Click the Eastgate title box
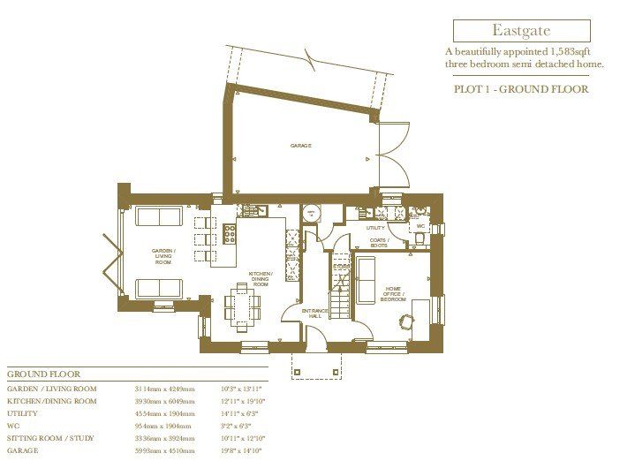pos(520,31)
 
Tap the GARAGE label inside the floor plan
pos(301,145)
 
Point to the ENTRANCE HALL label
pos(314,314)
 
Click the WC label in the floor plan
pos(420,226)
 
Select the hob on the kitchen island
pos(230,234)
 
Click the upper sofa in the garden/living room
pos(159,217)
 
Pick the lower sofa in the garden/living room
pos(159,287)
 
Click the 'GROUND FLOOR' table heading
pos(42,374)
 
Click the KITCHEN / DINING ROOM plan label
pos(261,279)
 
